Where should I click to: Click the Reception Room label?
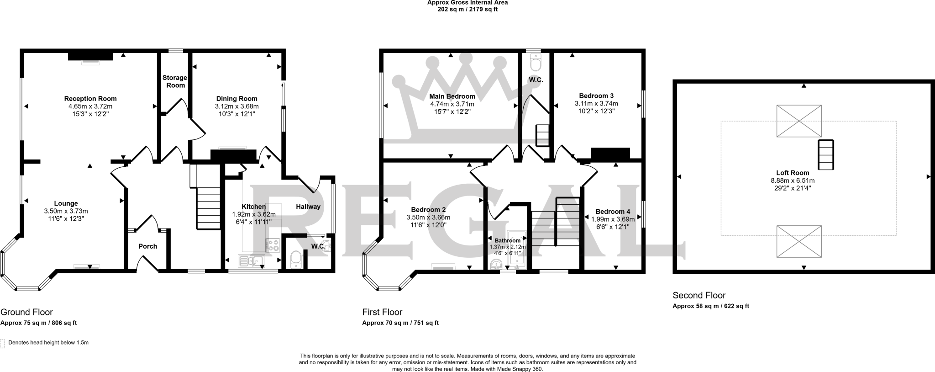pos(90,99)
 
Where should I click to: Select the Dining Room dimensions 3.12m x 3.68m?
pos(237,106)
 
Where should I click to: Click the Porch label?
pos(148,246)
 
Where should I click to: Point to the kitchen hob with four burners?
pos(273,246)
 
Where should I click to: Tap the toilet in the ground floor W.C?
pos(296,259)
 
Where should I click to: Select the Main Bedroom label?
pos(452,96)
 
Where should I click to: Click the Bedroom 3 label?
pos(596,96)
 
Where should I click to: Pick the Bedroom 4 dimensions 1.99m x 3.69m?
pos(613,219)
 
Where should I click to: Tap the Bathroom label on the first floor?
pos(508,240)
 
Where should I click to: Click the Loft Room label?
pos(793,173)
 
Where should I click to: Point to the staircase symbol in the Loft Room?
pos(826,155)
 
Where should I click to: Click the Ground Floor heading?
pos(26,312)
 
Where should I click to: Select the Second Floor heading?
pos(699,295)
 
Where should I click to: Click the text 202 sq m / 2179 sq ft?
pos(467,9)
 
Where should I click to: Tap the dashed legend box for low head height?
pos(2,343)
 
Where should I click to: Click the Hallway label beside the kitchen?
pos(308,207)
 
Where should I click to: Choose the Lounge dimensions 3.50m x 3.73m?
pos(66,211)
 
